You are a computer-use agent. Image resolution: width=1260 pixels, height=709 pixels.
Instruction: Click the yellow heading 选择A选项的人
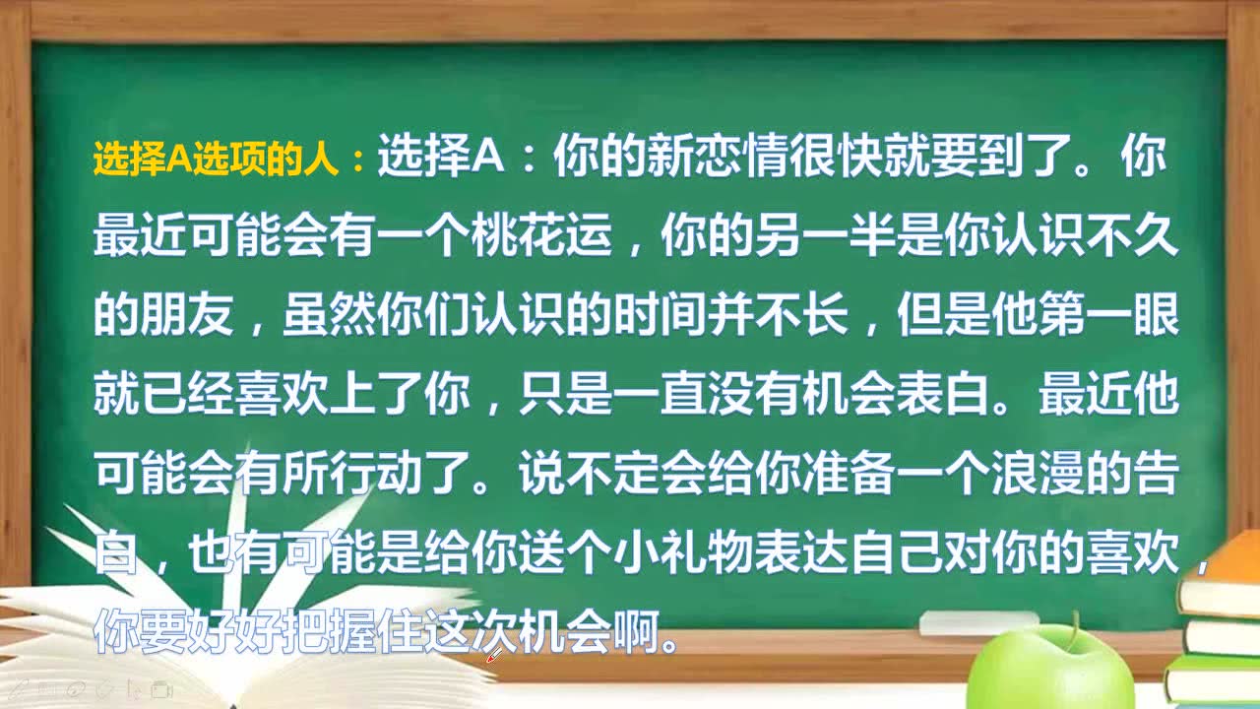[216, 159]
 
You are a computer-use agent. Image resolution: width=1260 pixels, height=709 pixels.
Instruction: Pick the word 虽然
[329, 314]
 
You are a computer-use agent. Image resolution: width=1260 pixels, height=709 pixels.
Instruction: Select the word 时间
[661, 314]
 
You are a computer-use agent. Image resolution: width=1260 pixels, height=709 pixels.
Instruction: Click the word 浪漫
[1039, 473]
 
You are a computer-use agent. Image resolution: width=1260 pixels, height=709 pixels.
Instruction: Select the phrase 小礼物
[684, 552]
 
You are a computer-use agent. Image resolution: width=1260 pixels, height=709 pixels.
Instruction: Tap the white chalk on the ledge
[978, 623]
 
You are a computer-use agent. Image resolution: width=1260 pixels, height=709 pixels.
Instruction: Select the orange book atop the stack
[1221, 575]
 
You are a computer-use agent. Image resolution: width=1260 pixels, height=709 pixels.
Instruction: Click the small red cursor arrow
[494, 655]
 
